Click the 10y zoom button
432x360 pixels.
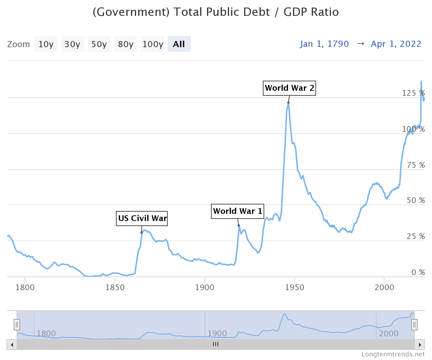point(46,44)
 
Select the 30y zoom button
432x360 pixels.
point(72,44)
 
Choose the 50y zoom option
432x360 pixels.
point(99,44)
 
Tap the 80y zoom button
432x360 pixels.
point(126,44)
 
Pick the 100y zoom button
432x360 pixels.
point(153,44)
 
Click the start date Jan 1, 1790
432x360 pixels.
point(324,44)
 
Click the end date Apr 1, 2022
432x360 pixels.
point(396,44)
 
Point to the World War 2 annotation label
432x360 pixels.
point(289,88)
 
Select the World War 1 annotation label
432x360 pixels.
point(238,211)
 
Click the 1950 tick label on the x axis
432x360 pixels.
point(295,288)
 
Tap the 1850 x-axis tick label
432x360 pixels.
point(115,288)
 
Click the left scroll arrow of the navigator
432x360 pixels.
point(12,345)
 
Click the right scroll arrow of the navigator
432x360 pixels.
point(419,345)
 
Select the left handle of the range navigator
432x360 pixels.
point(17,325)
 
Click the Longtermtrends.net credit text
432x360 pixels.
point(393,355)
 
